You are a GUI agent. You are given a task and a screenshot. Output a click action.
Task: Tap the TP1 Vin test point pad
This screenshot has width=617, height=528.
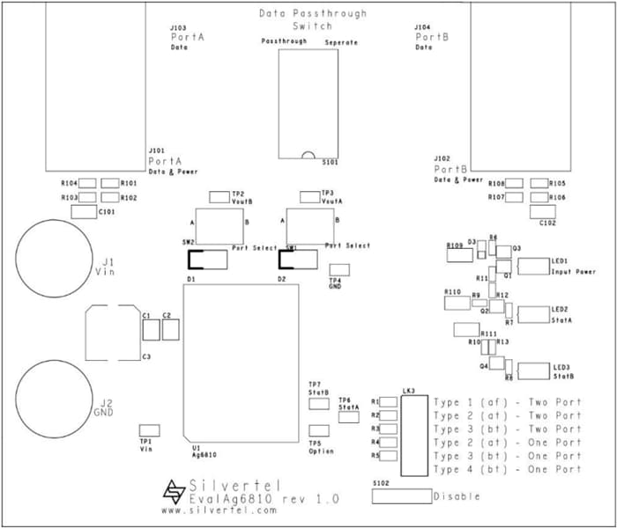[x=148, y=430]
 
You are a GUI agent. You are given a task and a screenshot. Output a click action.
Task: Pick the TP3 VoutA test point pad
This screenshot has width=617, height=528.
[x=309, y=195]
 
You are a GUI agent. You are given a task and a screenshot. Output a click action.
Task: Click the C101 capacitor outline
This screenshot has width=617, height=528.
[x=84, y=212]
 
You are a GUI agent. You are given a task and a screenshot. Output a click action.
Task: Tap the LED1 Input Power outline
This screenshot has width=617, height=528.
[x=533, y=267]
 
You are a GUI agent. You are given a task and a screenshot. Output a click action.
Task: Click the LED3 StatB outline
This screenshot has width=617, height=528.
[x=533, y=370]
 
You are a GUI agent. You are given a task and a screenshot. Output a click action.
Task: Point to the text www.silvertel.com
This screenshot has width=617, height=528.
[x=219, y=510]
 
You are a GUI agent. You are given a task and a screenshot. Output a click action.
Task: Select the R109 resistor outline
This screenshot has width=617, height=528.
[x=458, y=257]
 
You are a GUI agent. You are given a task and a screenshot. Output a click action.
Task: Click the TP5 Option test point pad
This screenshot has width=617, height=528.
[x=319, y=431]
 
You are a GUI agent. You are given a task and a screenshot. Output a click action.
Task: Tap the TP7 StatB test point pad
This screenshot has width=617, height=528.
[x=319, y=403]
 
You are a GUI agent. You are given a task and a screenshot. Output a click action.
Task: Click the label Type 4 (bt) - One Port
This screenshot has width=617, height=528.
[x=508, y=469]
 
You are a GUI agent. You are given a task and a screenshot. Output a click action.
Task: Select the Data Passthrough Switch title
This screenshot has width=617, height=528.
[x=313, y=20]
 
